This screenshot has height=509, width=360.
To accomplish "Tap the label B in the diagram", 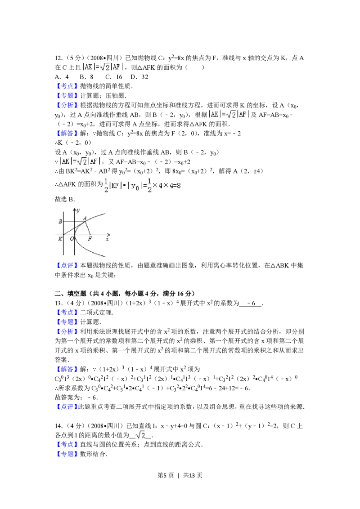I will click(x=60, y=222).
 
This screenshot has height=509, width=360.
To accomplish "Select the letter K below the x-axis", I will click(x=60, y=239).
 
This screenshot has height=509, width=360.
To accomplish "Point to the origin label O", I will click(x=72, y=239).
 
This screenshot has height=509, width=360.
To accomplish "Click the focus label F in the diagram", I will click(x=90, y=239).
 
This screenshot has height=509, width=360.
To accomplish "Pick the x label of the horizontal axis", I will click(x=107, y=239).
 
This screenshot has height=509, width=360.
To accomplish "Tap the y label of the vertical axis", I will click(x=78, y=210).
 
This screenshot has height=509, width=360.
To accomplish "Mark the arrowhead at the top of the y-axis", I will click(x=74, y=208).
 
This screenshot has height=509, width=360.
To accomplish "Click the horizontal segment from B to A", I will click(x=74, y=221).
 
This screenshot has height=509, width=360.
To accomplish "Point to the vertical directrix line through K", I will click(x=64, y=247).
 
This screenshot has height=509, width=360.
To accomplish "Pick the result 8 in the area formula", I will click(x=180, y=185).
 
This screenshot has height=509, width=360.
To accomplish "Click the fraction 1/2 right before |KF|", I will click(x=106, y=185).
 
